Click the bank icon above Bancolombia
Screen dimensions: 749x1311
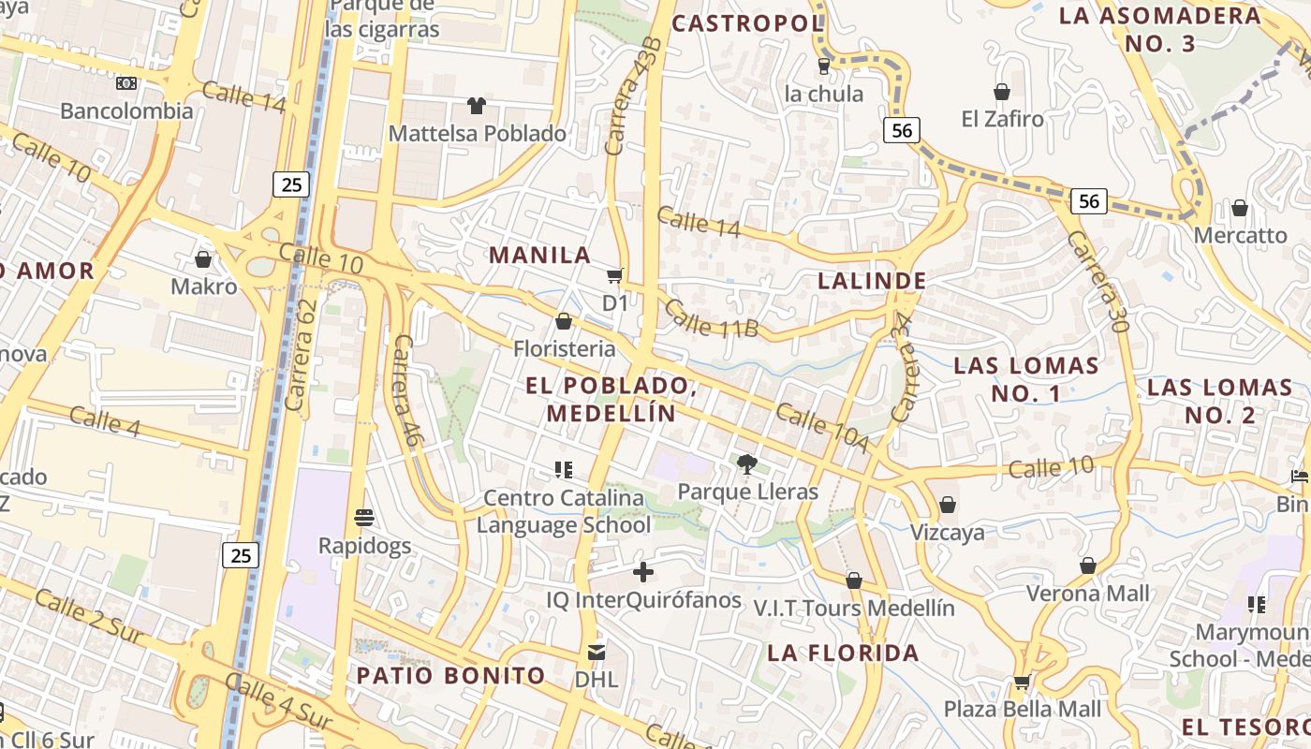pos(126,83)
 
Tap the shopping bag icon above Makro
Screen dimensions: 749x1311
pos(203,258)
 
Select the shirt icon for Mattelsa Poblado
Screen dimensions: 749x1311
pos(477,106)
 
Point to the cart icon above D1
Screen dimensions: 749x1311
pos(614,275)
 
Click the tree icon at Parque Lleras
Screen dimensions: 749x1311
pos(746,463)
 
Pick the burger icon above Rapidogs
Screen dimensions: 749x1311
pos(364,517)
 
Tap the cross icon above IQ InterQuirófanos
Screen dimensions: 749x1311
pos(643,571)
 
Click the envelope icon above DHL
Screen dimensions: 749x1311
pos(596,652)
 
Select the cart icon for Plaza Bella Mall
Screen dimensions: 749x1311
pos(1022,682)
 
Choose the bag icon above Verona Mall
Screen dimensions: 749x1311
pos(1088,565)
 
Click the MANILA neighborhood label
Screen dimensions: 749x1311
pos(539,255)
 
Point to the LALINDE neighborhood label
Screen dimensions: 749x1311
pos(872,281)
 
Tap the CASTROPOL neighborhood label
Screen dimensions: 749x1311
pos(747,23)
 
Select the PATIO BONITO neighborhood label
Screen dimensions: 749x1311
pos(450,675)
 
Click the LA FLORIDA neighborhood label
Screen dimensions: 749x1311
pos(843,653)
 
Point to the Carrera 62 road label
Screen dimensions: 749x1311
pos(301,356)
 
